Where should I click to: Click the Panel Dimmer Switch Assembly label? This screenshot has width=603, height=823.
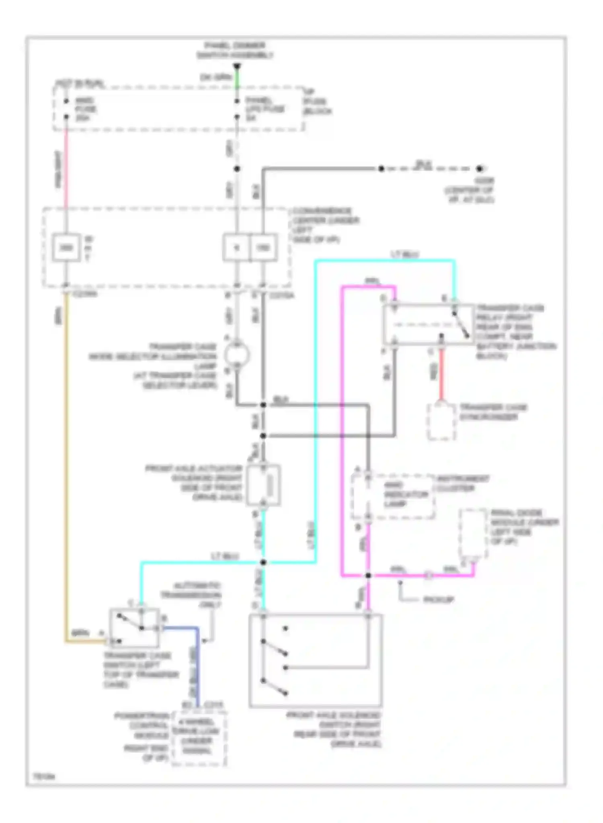pyautogui.click(x=235, y=50)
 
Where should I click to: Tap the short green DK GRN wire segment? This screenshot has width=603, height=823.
pyautogui.click(x=237, y=78)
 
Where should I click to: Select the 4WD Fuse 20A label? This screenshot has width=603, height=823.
pyautogui.click(x=85, y=109)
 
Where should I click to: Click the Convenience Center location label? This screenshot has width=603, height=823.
pyautogui.click(x=326, y=225)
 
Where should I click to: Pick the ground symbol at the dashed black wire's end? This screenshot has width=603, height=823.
pyautogui.click(x=479, y=169)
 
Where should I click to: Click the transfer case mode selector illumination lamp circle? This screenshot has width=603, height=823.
pyautogui.click(x=237, y=355)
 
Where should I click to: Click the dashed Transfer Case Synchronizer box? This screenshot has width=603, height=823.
pyautogui.click(x=441, y=422)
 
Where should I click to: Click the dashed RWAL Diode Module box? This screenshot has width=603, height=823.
pyautogui.click(x=474, y=533)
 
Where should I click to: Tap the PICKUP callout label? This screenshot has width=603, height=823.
pyautogui.click(x=439, y=600)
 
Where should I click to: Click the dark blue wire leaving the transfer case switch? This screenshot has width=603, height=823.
pyautogui.click(x=197, y=663)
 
